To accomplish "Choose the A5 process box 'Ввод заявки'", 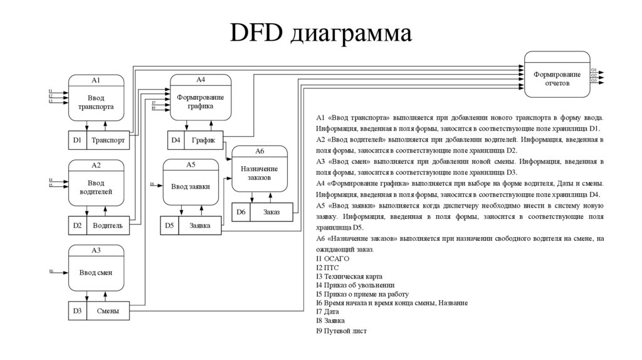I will point(191,186).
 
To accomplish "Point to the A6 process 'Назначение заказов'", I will point(260,172).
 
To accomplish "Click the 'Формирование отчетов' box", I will point(557,78).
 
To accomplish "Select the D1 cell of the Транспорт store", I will point(77,140).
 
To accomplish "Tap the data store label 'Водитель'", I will point(108,225).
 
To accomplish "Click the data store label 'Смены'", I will point(108,311).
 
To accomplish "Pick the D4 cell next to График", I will point(176,140).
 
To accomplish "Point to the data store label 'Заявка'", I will point(199,225).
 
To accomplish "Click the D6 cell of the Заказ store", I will point(241,212).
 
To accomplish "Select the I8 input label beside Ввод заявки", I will point(152,184).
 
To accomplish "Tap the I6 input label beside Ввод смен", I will point(51,271).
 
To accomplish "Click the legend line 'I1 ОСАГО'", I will point(332,258).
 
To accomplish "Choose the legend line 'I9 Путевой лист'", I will point(341,331).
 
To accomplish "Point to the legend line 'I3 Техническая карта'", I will point(349,277).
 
